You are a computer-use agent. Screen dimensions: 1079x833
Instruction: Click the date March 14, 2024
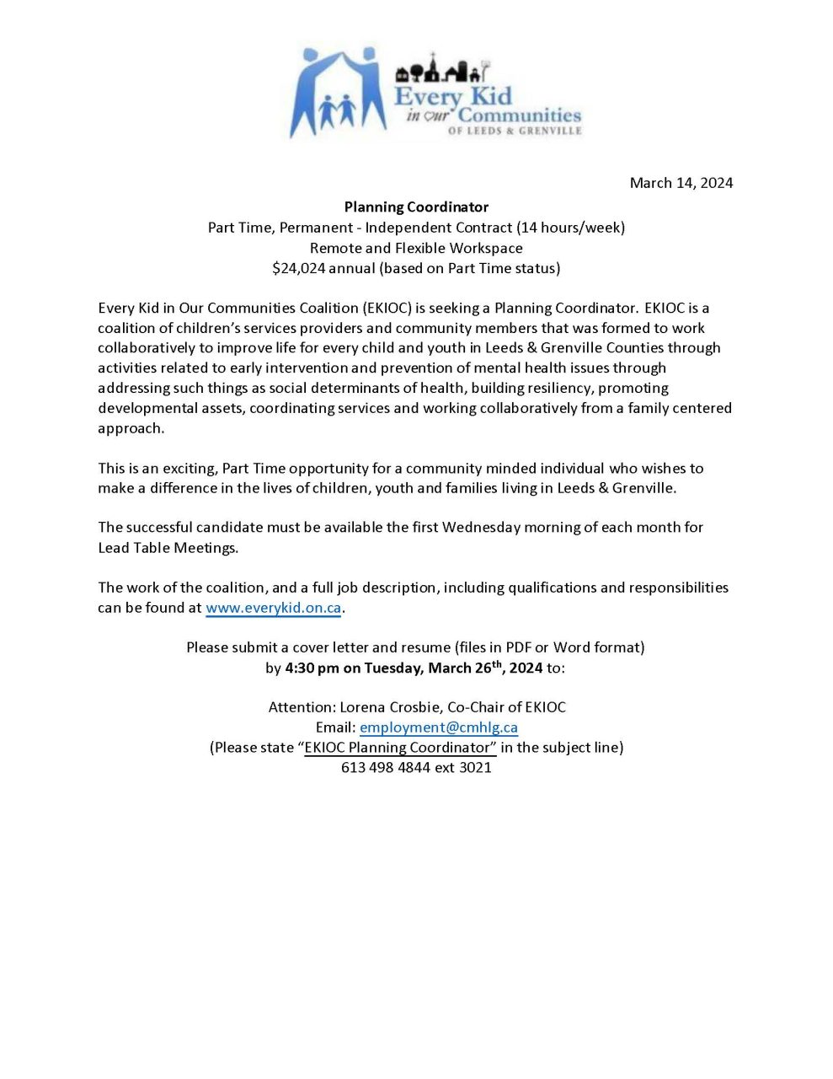(681, 183)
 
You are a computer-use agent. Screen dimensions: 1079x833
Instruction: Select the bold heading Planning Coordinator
(416, 207)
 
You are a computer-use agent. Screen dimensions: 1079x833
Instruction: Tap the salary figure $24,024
(298, 268)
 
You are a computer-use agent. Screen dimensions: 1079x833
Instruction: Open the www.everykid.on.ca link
(273, 608)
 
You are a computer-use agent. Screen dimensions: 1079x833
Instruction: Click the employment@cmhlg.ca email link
(438, 727)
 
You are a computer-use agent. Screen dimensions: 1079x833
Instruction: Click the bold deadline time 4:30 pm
(312, 668)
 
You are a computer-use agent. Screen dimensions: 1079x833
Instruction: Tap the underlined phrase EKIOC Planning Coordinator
(397, 748)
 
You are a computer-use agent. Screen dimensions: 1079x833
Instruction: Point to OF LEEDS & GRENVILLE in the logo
(515, 131)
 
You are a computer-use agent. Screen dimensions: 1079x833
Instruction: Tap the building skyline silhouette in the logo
(442, 70)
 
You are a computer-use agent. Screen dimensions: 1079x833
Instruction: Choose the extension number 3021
(475, 768)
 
